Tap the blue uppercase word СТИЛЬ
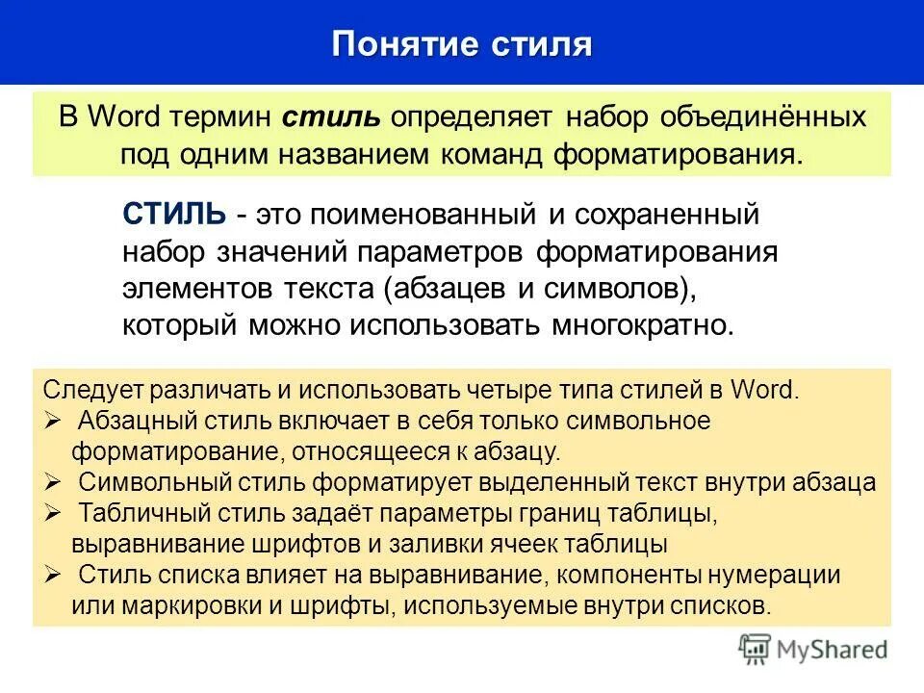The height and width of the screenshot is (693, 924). coord(174,215)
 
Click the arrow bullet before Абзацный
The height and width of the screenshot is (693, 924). coord(53,421)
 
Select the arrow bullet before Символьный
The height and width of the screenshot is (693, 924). coord(53,482)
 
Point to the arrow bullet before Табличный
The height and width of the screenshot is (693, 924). coord(53,513)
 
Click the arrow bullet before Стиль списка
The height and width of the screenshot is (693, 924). coord(53,575)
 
